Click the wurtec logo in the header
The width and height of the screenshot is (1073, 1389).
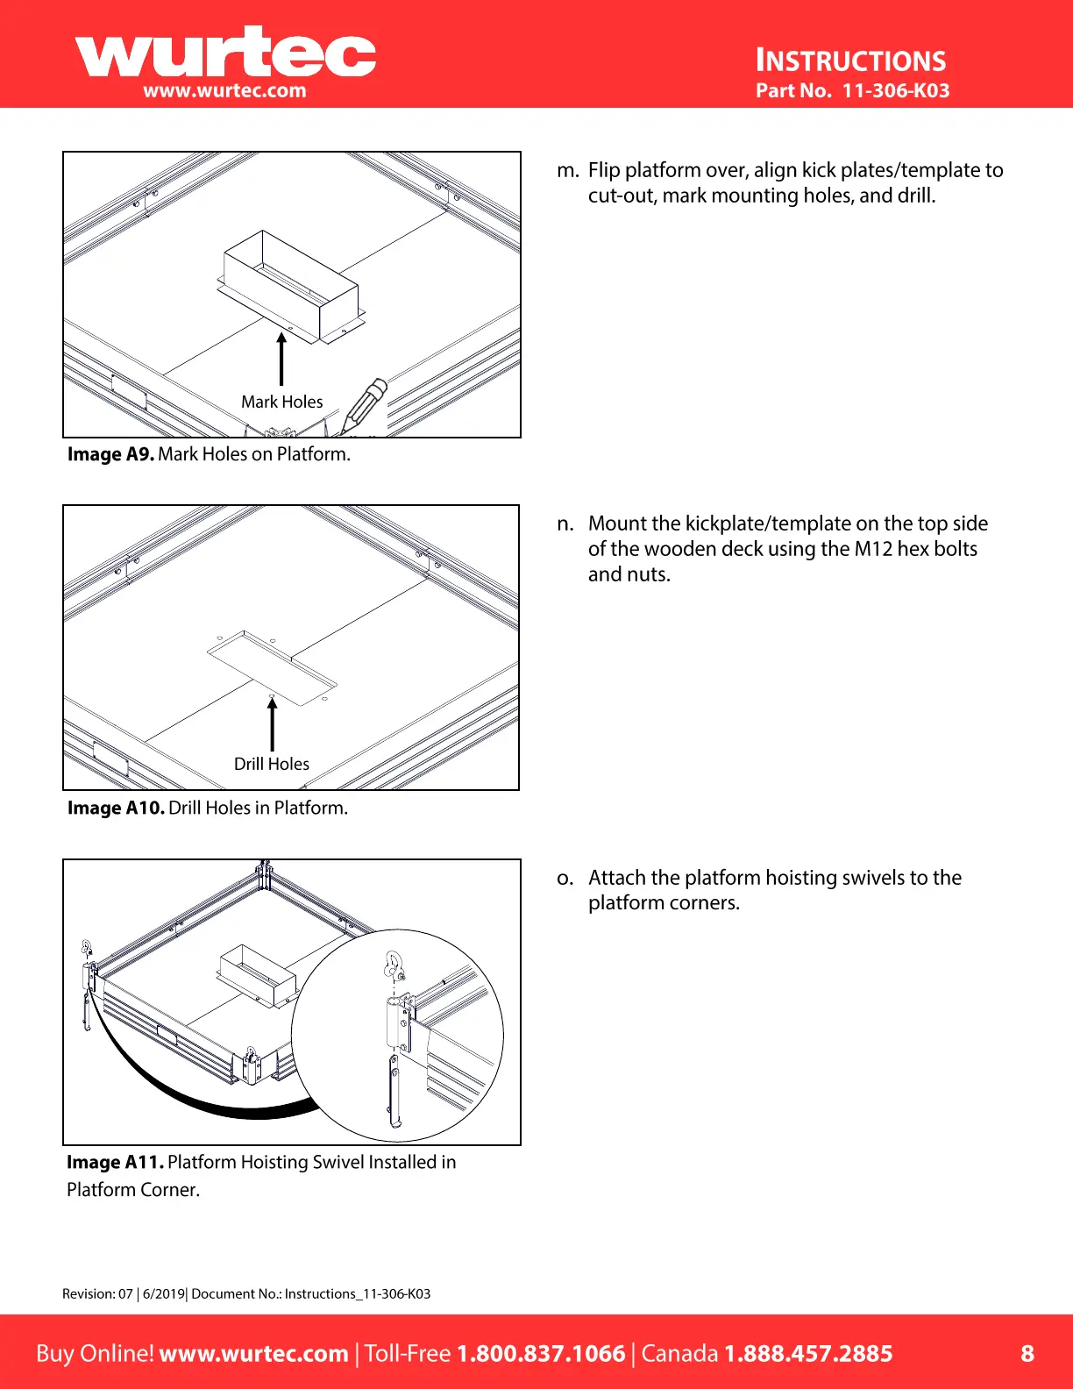click(225, 53)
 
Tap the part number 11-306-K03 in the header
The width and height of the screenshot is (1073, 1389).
click(895, 90)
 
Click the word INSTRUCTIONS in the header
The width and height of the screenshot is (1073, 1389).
click(850, 61)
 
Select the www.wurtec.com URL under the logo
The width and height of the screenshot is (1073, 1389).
click(224, 90)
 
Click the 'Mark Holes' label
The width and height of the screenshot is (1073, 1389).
click(281, 402)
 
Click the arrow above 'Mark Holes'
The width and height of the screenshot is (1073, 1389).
click(281, 359)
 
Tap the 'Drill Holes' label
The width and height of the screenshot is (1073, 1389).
click(271, 764)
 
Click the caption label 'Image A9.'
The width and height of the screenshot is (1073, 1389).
click(110, 454)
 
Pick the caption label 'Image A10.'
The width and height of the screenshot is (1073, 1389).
click(116, 808)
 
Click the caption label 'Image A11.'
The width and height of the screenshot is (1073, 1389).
click(115, 1162)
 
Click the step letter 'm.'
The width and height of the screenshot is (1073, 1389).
click(567, 170)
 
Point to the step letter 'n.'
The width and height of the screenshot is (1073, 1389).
click(566, 524)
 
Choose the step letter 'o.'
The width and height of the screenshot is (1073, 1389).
click(565, 878)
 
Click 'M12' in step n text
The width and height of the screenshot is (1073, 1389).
click(873, 549)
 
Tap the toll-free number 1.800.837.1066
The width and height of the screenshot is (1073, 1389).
click(541, 1353)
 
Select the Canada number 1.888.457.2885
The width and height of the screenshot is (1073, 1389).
click(807, 1353)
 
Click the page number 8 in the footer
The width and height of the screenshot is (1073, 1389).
click(1027, 1353)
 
